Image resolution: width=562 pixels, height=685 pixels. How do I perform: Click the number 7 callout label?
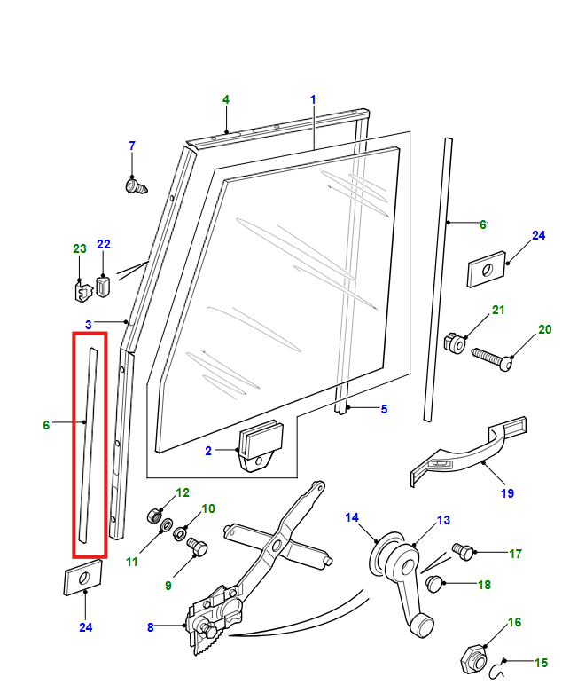pyautogui.click(x=132, y=146)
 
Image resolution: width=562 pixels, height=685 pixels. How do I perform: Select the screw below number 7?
pyautogui.click(x=134, y=186)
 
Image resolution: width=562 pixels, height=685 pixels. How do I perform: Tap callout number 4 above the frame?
pyautogui.click(x=226, y=99)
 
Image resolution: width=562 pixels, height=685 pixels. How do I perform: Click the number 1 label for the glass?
pyautogui.click(x=313, y=99)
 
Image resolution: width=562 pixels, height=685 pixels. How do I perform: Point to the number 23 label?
pyautogui.click(x=78, y=248)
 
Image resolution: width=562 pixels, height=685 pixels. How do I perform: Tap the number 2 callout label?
pyautogui.click(x=208, y=451)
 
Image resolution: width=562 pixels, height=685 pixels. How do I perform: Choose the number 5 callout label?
pyautogui.click(x=384, y=409)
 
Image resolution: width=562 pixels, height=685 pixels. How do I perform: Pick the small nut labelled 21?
pyautogui.click(x=455, y=342)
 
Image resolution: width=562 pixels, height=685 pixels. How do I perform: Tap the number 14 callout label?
pyautogui.click(x=352, y=517)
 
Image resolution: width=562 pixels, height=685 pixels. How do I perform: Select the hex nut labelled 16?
pyautogui.click(x=473, y=657)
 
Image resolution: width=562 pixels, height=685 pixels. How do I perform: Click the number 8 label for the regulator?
pyautogui.click(x=151, y=627)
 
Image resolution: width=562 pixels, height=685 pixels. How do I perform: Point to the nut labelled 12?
pyautogui.click(x=153, y=514)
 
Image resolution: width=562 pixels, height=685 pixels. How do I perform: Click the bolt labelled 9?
pyautogui.click(x=197, y=551)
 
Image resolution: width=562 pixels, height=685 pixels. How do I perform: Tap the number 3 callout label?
pyautogui.click(x=89, y=324)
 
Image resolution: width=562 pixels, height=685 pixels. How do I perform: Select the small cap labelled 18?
pyautogui.click(x=435, y=582)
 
